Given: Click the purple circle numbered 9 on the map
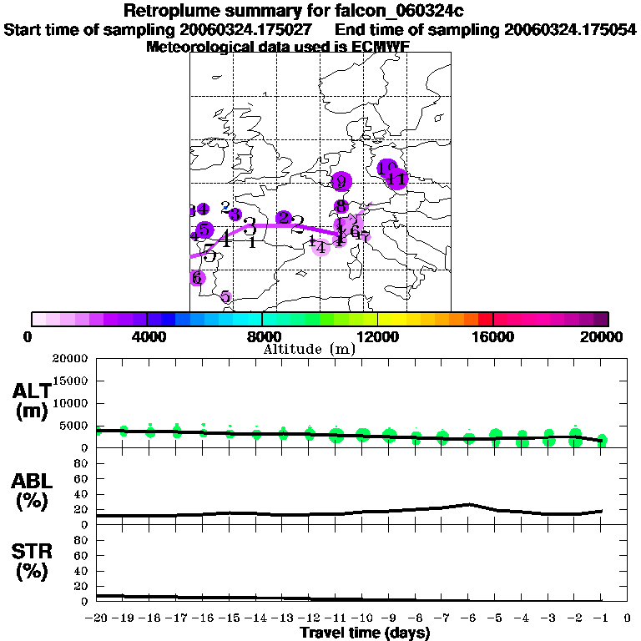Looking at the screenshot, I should tap(340, 182).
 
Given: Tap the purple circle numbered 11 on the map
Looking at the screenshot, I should tap(397, 179).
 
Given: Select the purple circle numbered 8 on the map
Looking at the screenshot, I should tap(341, 206).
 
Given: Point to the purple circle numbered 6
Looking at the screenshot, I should tap(197, 278).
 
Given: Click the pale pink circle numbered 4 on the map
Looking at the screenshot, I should tap(321, 245).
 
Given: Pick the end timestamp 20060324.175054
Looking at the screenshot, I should tap(571, 29).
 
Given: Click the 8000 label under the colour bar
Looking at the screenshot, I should tap(261, 336).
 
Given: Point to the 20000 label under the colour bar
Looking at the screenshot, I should tap(603, 336).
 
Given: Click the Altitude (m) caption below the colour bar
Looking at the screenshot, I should tap(310, 349).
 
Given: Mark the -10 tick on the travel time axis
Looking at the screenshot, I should tap(362, 618).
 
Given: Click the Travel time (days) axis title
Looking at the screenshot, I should tap(365, 633).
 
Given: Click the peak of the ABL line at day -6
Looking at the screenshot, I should tap(469, 504).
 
